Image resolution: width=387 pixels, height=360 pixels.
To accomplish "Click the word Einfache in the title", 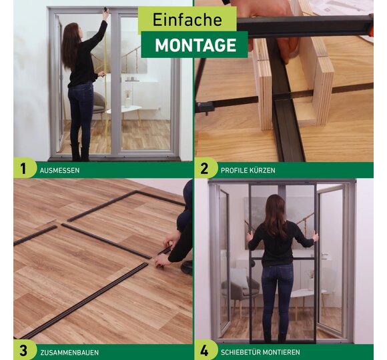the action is tap(187, 19).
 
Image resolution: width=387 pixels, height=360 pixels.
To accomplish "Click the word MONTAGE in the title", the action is tap(196, 45).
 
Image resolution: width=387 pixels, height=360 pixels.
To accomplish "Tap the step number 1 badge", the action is tap(23, 169).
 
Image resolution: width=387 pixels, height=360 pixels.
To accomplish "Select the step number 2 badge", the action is tap(205, 169).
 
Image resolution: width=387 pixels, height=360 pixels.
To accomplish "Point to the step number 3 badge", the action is tap(23, 351).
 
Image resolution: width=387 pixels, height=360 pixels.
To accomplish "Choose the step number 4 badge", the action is tap(205, 351).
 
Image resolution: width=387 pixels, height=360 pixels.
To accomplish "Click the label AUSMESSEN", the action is tap(60, 171).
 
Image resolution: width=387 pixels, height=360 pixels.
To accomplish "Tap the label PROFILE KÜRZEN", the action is tap(248, 171).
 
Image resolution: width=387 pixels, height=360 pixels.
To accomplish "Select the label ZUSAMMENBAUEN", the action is tap(69, 353).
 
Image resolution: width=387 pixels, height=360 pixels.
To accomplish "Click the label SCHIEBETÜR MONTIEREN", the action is tap(260, 352).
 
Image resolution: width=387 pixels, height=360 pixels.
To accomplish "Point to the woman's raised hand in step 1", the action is tap(106, 14).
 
